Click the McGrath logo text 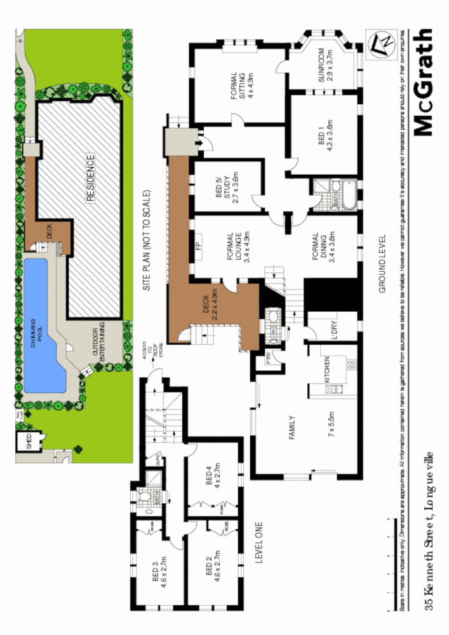(x=422, y=83)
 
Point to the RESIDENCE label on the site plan (x=90, y=178)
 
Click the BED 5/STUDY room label (x=229, y=185)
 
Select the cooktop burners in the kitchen (x=350, y=364)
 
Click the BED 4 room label (x=213, y=476)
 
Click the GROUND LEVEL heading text (x=382, y=263)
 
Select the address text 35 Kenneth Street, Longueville (x=429, y=531)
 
